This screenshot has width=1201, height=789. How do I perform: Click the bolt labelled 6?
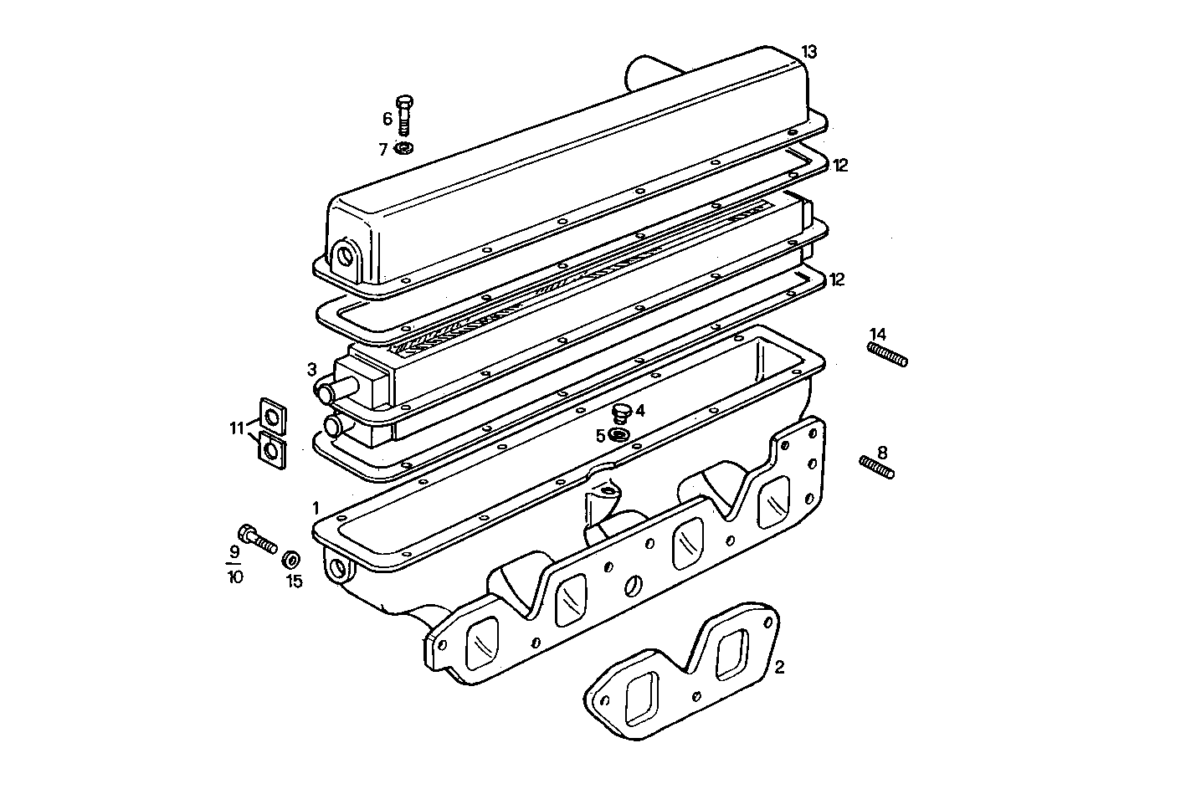click(x=405, y=115)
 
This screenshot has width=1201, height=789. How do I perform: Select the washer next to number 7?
click(x=403, y=148)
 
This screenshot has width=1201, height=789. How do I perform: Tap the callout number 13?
click(x=808, y=51)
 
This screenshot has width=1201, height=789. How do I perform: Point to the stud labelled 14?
click(x=887, y=353)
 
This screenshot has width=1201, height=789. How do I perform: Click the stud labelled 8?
click(x=877, y=467)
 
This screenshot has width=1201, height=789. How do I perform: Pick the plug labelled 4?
click(x=620, y=412)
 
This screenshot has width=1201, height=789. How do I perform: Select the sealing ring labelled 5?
click(x=620, y=435)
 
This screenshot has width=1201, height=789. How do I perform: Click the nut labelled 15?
click(x=292, y=559)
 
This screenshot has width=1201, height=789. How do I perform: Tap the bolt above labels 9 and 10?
click(x=257, y=539)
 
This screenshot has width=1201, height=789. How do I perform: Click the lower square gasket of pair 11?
click(x=270, y=448)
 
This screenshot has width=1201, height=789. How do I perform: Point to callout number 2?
click(x=779, y=667)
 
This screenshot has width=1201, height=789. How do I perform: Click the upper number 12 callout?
click(x=840, y=166)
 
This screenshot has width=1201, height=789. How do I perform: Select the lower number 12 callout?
click(x=837, y=279)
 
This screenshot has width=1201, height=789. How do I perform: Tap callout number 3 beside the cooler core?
click(x=311, y=369)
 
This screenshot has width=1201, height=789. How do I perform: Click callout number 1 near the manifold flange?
click(x=316, y=507)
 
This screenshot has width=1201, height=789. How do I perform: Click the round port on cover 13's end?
click(x=344, y=254)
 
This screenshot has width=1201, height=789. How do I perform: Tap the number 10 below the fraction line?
click(x=235, y=576)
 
